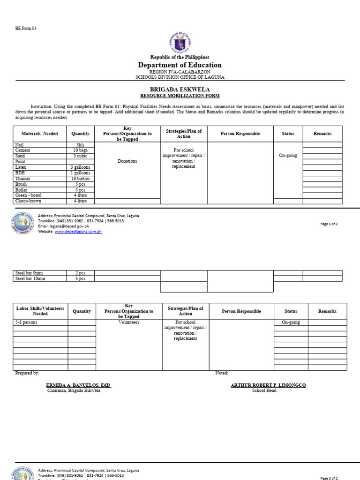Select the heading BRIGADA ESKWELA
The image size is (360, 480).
(x=180, y=89)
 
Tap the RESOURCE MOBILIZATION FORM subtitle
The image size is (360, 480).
(x=180, y=95)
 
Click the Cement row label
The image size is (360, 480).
(x=22, y=150)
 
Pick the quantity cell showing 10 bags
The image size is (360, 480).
(x=80, y=150)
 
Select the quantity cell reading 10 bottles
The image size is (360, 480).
(x=80, y=179)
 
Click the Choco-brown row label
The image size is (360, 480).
(x=28, y=201)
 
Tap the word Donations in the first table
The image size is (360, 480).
(x=127, y=161)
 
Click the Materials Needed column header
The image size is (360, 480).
(x=40, y=134)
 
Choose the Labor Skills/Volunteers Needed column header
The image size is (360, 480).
(x=40, y=311)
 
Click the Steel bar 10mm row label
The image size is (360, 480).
(x=30, y=278)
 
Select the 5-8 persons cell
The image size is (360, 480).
(x=26, y=322)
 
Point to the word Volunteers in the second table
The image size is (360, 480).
(x=129, y=322)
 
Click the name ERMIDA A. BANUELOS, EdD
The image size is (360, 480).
(x=78, y=385)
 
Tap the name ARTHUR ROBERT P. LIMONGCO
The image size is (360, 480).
(x=268, y=385)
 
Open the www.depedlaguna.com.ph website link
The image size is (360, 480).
(x=78, y=232)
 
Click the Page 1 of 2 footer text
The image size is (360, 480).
(x=329, y=224)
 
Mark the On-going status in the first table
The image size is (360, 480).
(x=288, y=156)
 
